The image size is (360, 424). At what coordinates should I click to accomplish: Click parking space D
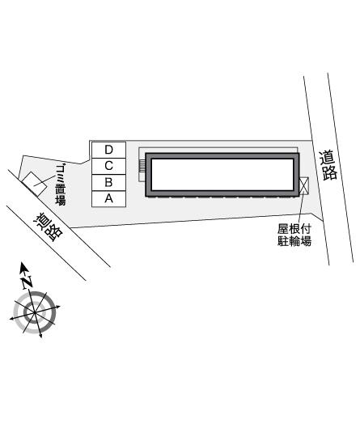(113, 149)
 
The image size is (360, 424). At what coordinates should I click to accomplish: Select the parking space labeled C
(113, 165)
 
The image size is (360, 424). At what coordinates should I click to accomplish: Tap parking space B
(113, 181)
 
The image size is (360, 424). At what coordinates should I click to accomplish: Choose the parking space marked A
(113, 197)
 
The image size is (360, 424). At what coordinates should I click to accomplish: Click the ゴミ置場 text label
(60, 184)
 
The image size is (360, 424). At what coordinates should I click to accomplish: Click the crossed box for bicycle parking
(303, 186)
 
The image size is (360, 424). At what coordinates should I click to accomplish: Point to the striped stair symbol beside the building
(142, 167)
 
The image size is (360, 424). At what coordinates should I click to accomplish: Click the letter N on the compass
(27, 282)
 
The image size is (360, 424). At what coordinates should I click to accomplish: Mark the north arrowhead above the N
(23, 269)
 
